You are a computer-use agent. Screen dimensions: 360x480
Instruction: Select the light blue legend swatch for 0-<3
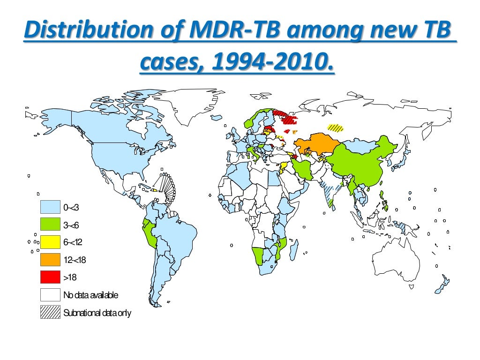50,207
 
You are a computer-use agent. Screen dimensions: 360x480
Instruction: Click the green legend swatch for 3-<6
50,225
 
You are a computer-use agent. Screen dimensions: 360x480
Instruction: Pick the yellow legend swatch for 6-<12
50,242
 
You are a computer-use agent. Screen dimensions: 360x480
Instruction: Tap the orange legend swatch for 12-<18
50,260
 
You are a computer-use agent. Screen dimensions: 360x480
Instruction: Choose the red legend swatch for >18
50,277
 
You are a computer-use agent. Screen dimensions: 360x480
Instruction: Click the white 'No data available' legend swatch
50,295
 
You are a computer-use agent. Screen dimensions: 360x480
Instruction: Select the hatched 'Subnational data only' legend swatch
50,312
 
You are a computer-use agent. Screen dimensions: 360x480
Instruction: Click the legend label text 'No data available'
91,295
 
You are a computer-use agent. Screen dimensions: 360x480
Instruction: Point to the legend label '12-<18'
75,260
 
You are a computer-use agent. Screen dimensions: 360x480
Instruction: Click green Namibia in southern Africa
258,255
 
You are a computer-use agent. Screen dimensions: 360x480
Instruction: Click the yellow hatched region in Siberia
335,127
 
